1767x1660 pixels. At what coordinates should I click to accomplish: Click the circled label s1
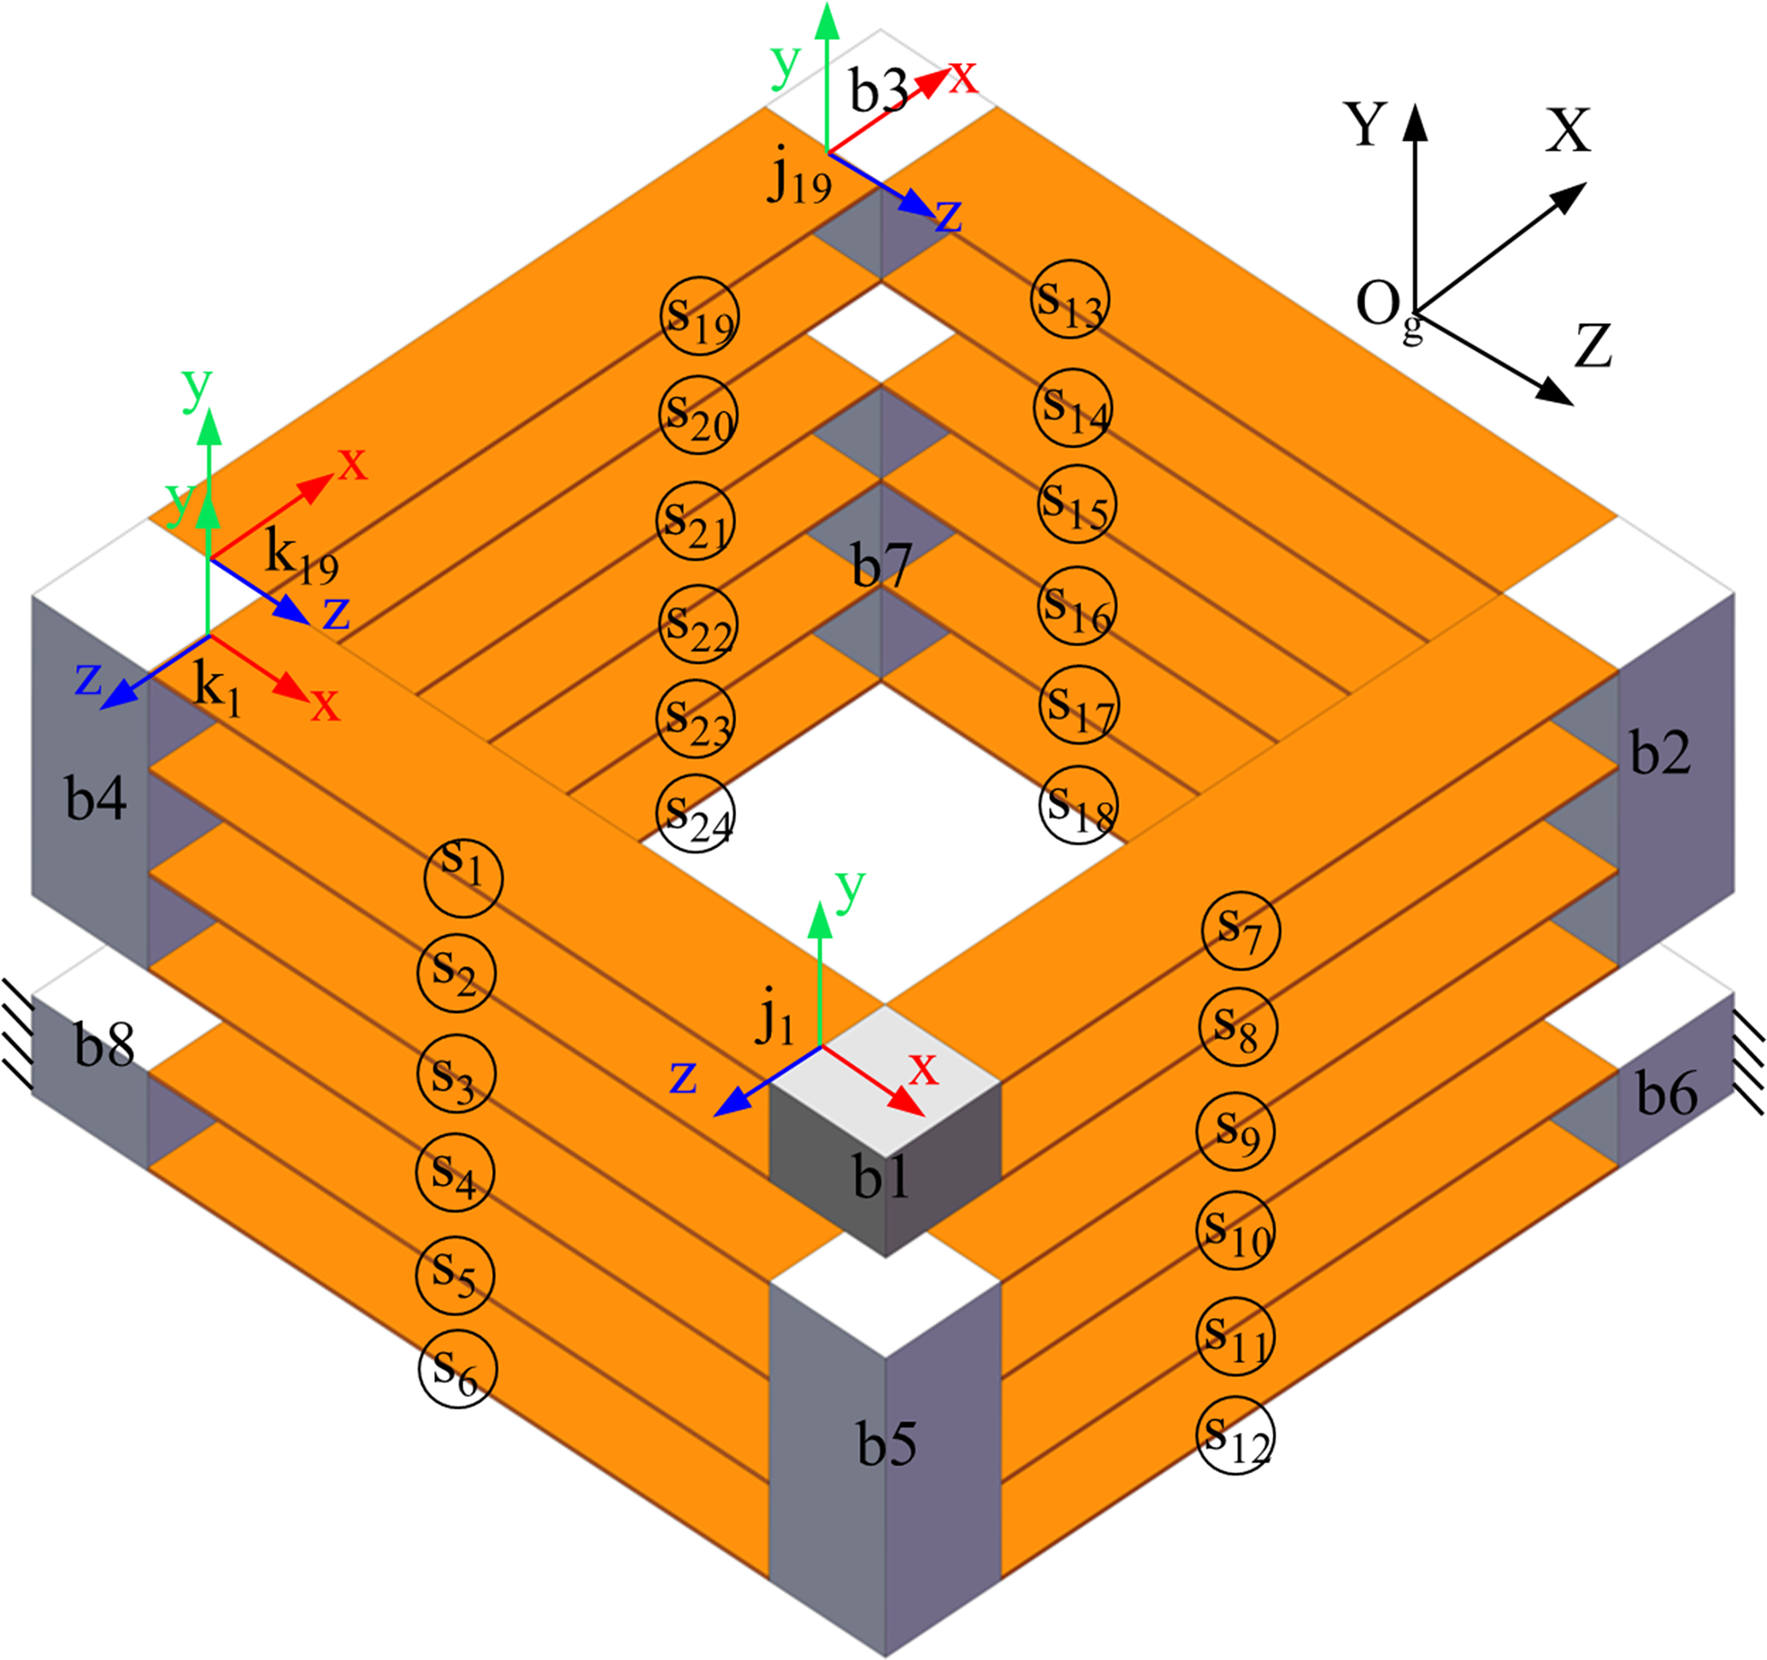click(x=463, y=877)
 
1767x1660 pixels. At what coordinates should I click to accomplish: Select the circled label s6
click(x=456, y=1369)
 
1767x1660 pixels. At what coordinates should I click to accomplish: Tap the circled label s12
click(x=1235, y=1435)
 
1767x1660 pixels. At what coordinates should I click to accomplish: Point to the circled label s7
click(x=1240, y=930)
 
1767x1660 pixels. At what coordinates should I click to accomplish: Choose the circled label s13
click(x=1070, y=299)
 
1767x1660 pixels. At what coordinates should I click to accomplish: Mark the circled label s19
click(x=699, y=315)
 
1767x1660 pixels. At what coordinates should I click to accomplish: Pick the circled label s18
click(x=1078, y=804)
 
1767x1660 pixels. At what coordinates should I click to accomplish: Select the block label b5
click(x=886, y=1443)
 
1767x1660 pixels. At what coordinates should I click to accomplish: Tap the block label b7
click(x=881, y=565)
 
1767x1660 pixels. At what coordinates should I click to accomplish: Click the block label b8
click(x=104, y=1045)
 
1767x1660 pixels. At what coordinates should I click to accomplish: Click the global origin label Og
click(x=1386, y=309)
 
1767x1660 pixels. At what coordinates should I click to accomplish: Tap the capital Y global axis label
click(x=1365, y=124)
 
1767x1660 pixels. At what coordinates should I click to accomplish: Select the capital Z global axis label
click(x=1593, y=345)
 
